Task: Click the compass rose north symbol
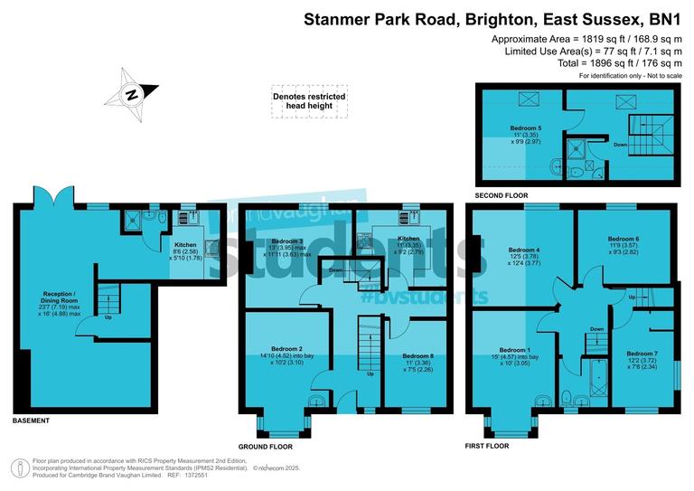click(132, 94)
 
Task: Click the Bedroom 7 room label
click(642, 354)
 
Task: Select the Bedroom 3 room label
click(287, 241)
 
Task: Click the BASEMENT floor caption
click(32, 421)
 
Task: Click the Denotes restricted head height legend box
click(310, 100)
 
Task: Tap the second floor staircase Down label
click(621, 144)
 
